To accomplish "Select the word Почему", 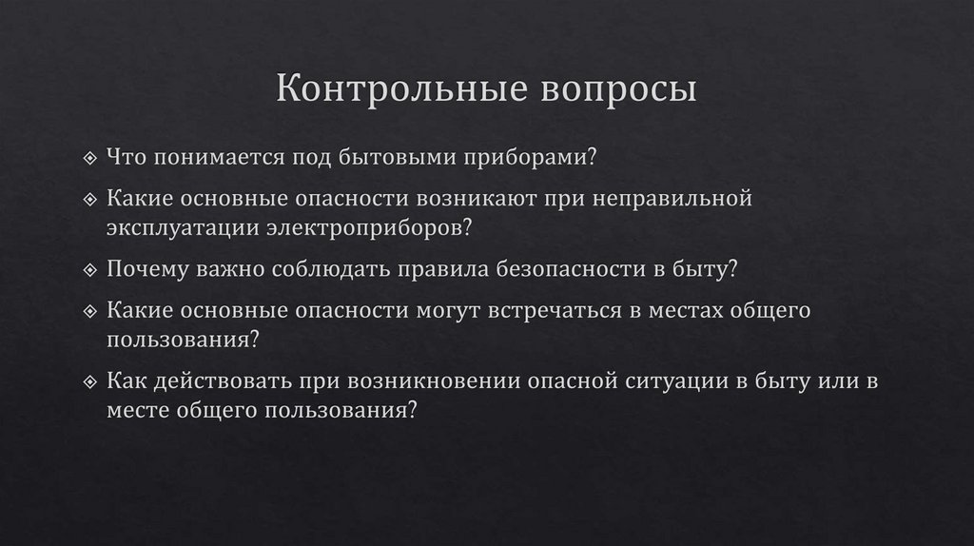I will (146, 268).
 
